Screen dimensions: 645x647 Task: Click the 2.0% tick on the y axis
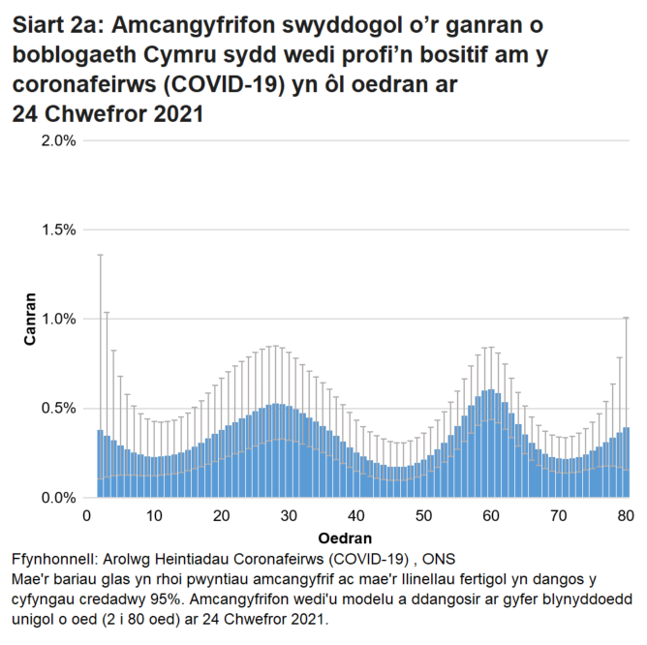[x=58, y=140]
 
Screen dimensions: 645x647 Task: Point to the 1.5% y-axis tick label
[x=58, y=230]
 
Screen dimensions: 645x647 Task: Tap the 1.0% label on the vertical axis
[x=58, y=319]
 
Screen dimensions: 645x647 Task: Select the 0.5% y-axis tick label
[x=58, y=408]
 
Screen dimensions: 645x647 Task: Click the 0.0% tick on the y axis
[x=58, y=498]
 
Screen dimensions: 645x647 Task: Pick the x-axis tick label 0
[x=87, y=515]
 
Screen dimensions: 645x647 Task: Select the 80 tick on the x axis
[x=626, y=515]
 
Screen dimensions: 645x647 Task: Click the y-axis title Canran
[x=30, y=319]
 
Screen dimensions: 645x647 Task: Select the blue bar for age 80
[x=627, y=463]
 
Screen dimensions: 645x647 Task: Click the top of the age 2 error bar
[x=100, y=255]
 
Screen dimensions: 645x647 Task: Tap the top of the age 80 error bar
[x=627, y=318]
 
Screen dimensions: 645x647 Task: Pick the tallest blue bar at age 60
[x=492, y=445]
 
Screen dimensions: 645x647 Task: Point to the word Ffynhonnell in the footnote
[x=57, y=561]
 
